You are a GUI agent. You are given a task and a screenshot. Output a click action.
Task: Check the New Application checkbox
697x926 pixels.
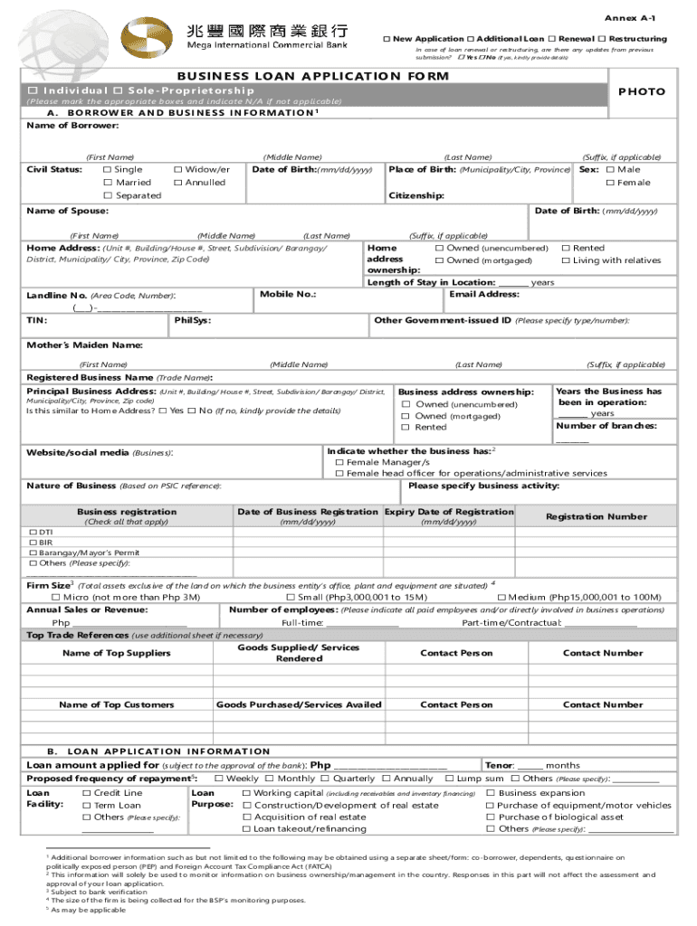point(387,39)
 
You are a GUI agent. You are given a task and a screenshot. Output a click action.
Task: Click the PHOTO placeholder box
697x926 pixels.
point(642,91)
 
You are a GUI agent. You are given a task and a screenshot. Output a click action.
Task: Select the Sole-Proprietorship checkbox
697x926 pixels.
point(119,90)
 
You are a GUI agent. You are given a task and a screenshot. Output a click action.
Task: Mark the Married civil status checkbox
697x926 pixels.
point(108,183)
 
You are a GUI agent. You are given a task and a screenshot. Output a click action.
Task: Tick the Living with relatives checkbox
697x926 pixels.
point(566,260)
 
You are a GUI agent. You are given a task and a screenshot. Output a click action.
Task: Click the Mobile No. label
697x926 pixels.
point(287,294)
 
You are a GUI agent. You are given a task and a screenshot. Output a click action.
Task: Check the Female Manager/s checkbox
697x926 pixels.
point(339,462)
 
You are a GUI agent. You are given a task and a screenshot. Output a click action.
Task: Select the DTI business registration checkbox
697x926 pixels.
point(33,533)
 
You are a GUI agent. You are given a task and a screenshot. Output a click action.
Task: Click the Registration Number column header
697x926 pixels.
point(596,516)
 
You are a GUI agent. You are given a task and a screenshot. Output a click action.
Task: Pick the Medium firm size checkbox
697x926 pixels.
point(501,597)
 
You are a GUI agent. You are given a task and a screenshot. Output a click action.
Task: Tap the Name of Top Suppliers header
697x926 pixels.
point(115,653)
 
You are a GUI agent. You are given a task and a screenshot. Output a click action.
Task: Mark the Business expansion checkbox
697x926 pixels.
point(491,793)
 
